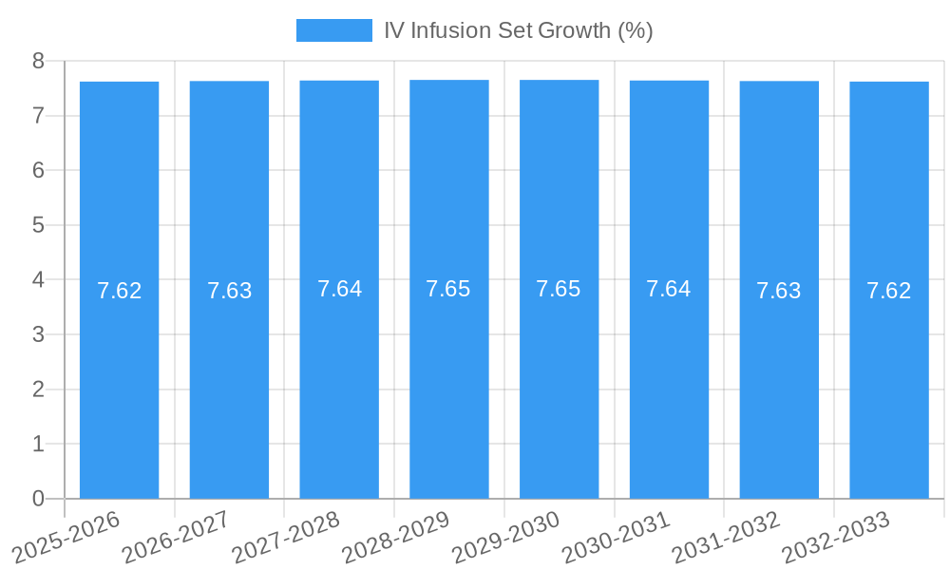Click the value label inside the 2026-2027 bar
click(229, 291)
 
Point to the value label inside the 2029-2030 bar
click(559, 289)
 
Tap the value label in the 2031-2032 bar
click(779, 291)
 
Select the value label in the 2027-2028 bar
click(339, 289)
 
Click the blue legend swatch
click(334, 30)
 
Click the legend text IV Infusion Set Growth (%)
click(518, 30)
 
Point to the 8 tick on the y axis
click(38, 61)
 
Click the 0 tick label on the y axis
click(38, 499)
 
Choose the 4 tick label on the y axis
click(38, 280)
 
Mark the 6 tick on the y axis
click(38, 171)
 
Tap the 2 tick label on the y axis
click(38, 389)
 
